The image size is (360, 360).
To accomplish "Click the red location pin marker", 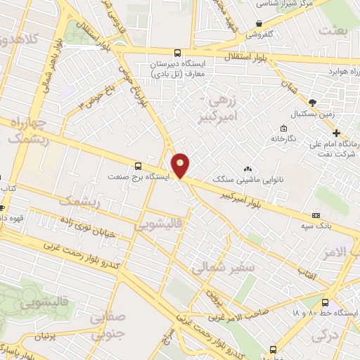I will pyautogui.click(x=181, y=165).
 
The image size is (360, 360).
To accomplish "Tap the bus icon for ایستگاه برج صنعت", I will pyautogui.click(x=137, y=167).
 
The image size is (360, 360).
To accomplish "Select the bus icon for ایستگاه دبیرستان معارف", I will pyautogui.click(x=177, y=53).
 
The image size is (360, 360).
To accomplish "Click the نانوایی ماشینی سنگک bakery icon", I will pyautogui.click(x=247, y=169).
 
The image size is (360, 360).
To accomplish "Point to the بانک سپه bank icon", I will pyautogui.click(x=315, y=214).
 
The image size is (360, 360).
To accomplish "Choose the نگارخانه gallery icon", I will pyautogui.click(x=283, y=128).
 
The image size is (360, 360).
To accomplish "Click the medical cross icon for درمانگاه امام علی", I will pyautogui.click(x=337, y=134).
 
